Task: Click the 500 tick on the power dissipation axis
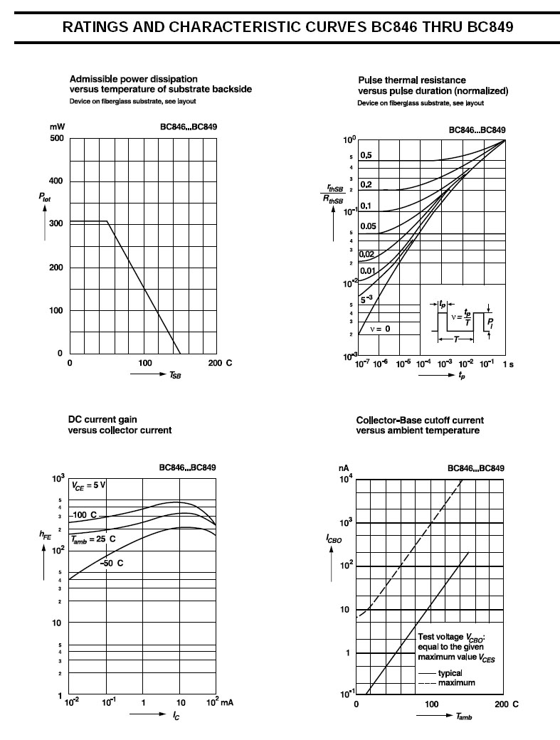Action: point(56,138)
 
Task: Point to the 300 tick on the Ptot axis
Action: point(56,223)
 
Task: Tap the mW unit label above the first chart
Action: point(57,127)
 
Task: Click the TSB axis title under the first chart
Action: point(175,374)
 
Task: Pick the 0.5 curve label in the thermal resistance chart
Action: point(366,155)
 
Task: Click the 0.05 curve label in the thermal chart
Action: point(368,226)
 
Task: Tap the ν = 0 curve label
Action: point(380,329)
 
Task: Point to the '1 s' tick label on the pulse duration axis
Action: point(508,364)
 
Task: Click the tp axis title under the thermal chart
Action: point(462,375)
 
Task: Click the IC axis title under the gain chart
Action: point(176,714)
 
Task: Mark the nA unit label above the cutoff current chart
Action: point(344,468)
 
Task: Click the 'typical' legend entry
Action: point(450,673)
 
